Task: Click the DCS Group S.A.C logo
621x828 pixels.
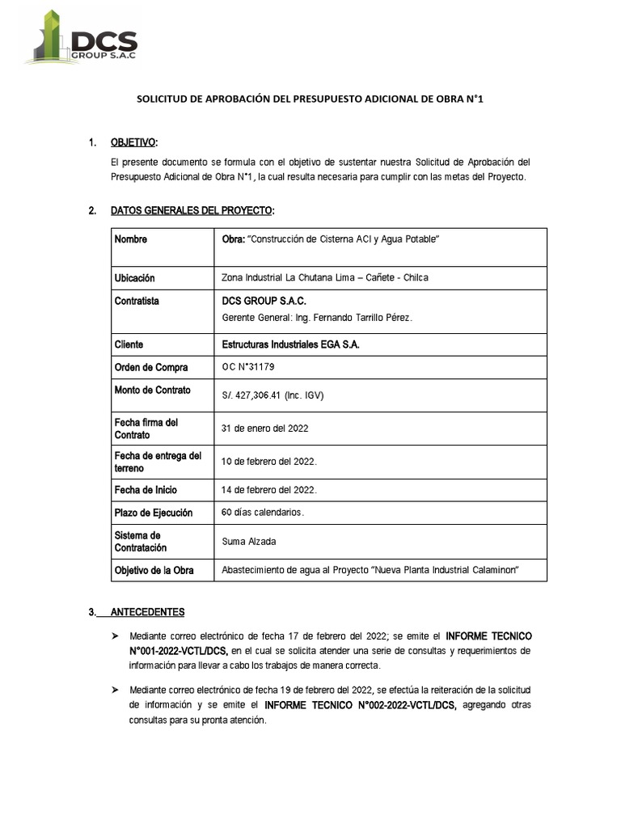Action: (x=81, y=37)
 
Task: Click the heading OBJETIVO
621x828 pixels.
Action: (x=133, y=143)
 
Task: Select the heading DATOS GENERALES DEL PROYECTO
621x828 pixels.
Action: (x=192, y=211)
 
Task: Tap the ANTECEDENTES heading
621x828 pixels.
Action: (x=148, y=612)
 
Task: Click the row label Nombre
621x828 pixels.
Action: (x=131, y=240)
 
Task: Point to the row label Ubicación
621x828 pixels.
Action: (x=135, y=278)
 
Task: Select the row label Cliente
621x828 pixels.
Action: (x=129, y=344)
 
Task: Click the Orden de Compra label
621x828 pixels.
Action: (x=151, y=368)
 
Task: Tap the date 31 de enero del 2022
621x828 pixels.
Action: (x=264, y=429)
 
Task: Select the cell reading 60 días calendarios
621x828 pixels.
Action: (x=263, y=512)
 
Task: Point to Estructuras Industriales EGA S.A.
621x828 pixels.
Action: (x=290, y=344)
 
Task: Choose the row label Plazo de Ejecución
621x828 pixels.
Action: (x=154, y=513)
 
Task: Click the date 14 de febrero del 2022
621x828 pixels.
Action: (x=269, y=490)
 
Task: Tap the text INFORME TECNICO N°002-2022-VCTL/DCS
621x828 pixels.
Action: (x=360, y=705)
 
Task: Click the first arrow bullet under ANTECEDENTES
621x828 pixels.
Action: (x=116, y=637)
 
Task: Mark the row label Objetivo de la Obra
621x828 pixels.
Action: (x=154, y=571)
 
